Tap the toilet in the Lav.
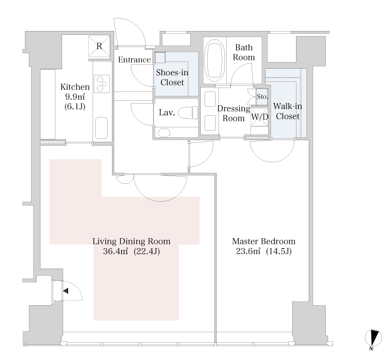188,113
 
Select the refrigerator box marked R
99,46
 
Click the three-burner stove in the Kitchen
101,84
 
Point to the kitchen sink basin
101,128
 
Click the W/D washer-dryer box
259,117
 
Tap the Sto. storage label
262,96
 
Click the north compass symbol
374,339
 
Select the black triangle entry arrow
65,291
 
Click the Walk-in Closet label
288,111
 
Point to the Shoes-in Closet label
172,78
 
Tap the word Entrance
134,60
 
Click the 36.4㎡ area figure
115,251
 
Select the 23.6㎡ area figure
248,251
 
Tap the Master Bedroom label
264,241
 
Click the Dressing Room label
233,113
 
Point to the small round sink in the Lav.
164,133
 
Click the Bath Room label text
244,52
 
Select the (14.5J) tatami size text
279,251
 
